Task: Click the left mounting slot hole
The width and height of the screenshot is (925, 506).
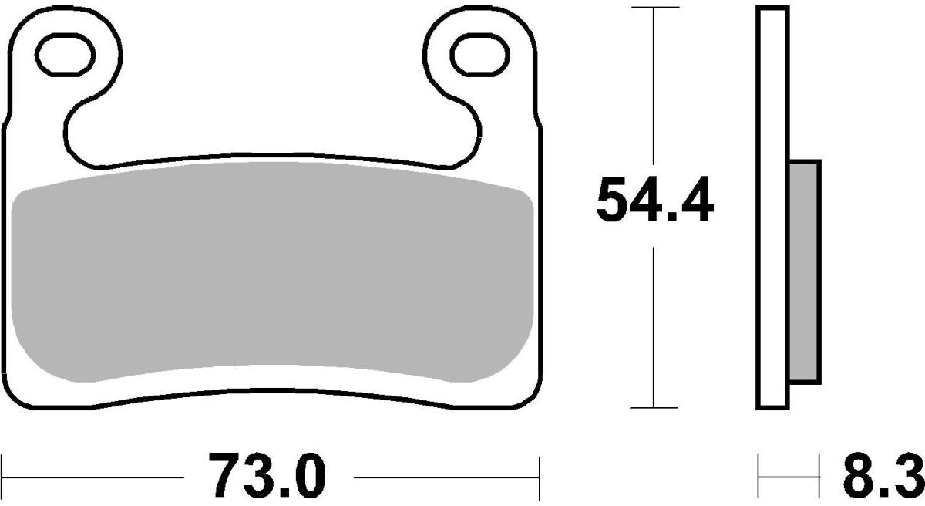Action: point(66,55)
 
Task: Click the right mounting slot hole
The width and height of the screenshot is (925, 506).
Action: point(479,55)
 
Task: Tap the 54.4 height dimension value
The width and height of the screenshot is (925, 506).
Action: point(655,200)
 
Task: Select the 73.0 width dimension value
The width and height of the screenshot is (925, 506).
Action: point(267,475)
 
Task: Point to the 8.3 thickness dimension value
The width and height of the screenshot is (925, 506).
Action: point(883,475)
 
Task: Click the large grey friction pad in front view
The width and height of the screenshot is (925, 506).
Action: point(272,272)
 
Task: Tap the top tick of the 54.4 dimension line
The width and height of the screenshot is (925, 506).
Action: point(654,8)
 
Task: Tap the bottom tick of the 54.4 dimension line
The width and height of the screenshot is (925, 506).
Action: point(654,408)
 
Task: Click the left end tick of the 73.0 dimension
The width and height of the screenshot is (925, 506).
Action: point(2,477)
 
